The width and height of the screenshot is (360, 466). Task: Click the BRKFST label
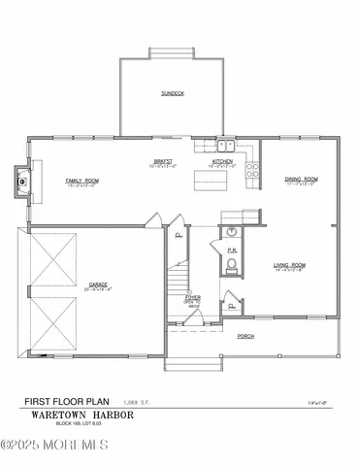(x=162, y=162)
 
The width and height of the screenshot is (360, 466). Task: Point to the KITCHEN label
(x=222, y=162)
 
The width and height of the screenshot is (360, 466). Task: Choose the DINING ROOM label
(x=301, y=180)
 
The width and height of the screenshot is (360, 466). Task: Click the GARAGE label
(x=98, y=286)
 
